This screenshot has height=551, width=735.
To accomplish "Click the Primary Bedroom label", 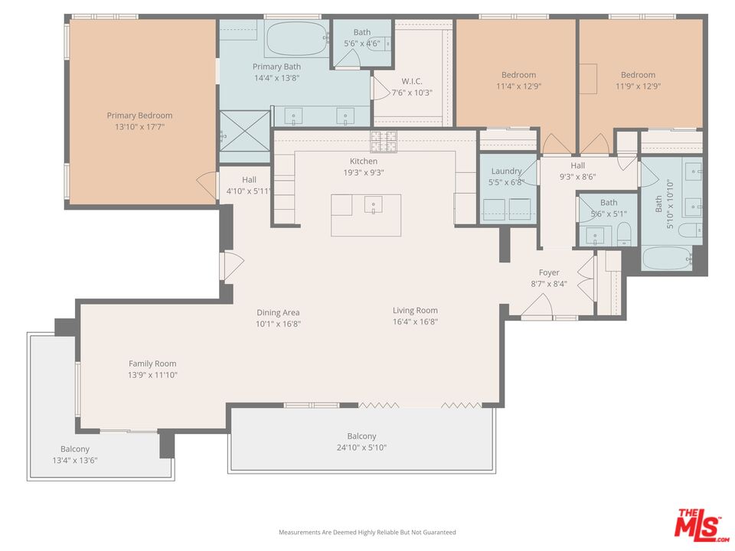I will click(x=139, y=116).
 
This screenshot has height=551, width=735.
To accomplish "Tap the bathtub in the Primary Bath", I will click(x=296, y=37).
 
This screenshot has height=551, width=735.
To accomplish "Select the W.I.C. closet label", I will click(x=412, y=81).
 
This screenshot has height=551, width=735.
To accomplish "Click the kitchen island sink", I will click(x=373, y=204).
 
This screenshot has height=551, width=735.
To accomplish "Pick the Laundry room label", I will click(x=506, y=171).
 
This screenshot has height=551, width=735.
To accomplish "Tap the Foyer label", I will click(x=549, y=272).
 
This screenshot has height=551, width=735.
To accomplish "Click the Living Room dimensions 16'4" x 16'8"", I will click(x=415, y=321).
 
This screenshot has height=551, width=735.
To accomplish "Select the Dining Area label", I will click(x=278, y=312).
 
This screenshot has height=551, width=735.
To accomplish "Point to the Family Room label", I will click(x=152, y=364).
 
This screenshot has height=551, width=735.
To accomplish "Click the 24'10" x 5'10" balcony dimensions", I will click(x=361, y=448).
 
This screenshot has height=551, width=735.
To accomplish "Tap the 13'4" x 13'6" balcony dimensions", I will click(x=75, y=460).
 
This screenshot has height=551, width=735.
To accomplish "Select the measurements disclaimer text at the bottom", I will click(x=367, y=532).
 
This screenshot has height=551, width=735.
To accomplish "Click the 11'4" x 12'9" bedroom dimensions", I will click(x=518, y=86).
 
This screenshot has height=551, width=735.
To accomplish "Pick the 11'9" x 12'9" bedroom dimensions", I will click(x=638, y=86).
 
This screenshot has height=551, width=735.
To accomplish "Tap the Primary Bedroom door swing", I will click(x=205, y=184).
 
